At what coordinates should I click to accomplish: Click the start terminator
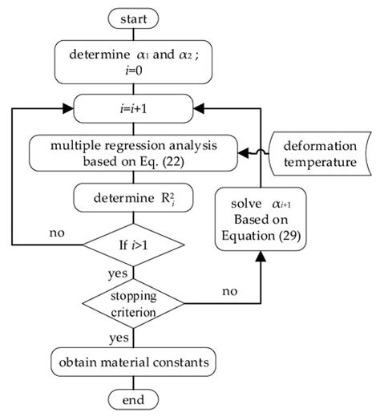[133, 17]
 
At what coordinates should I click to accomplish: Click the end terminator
[133, 399]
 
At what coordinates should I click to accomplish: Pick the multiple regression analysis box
[133, 151]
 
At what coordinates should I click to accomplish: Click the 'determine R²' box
[133, 196]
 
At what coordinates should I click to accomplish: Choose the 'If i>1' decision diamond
[133, 243]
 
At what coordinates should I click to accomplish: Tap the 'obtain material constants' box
[133, 362]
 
